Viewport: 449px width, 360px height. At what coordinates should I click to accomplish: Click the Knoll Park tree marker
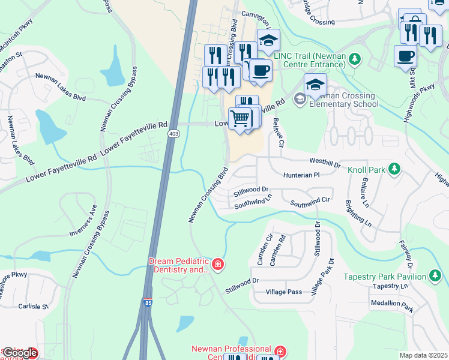[x=394, y=169]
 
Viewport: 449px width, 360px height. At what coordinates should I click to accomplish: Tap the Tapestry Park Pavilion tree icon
[x=435, y=276]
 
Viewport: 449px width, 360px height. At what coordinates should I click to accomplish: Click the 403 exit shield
[x=173, y=133]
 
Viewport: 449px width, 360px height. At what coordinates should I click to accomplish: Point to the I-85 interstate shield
[x=147, y=303]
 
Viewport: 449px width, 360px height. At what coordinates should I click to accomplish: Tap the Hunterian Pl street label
[x=302, y=175]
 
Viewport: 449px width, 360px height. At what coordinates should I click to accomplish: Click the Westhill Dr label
[x=325, y=161]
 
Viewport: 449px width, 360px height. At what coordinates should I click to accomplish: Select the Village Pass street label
[x=283, y=292]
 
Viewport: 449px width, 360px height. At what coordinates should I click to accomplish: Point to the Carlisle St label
[x=33, y=306]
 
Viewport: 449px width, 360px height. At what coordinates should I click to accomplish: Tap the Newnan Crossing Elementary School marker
[x=300, y=99]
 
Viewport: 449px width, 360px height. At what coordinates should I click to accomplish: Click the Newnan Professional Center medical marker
[x=280, y=350]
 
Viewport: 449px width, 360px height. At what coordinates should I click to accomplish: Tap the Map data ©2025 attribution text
[x=423, y=355]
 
